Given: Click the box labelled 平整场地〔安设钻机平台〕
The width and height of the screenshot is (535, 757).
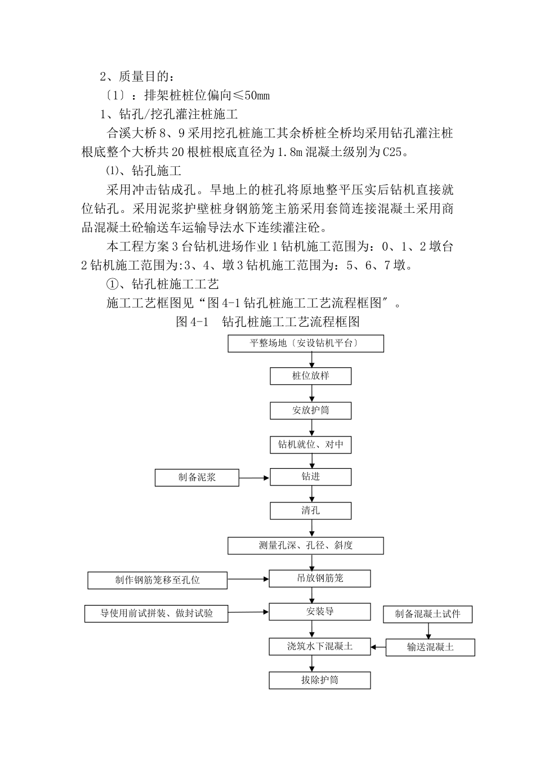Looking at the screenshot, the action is click(306, 344).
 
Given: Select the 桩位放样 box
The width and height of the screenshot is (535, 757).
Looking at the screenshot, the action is click(310, 376).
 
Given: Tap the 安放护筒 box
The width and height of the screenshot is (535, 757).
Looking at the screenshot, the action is click(310, 411).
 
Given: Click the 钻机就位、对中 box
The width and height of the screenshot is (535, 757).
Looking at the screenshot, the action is click(310, 445).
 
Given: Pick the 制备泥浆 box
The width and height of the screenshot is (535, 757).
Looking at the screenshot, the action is click(197, 478).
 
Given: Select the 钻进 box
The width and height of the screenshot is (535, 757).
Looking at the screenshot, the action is click(310, 477).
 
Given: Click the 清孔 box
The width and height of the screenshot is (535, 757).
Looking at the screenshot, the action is click(310, 511).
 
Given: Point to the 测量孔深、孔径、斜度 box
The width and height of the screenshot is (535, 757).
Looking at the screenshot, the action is click(306, 546).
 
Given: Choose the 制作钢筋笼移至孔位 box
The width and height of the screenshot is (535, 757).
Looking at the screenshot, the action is click(157, 580).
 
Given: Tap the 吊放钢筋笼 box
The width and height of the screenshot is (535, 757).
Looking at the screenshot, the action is click(320, 578).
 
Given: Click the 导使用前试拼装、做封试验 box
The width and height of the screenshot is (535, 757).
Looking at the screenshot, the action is click(157, 613).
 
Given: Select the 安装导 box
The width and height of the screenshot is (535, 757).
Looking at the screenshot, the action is click(320, 612).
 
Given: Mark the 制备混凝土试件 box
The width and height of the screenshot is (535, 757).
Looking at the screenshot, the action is click(427, 614).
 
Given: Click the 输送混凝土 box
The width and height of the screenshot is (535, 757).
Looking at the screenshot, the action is click(430, 648).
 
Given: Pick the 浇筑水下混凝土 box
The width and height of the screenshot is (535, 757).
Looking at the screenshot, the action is click(320, 647).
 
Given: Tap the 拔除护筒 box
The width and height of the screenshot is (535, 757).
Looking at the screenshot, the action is click(320, 680).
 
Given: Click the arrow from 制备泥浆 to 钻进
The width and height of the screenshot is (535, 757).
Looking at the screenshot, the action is click(255, 478).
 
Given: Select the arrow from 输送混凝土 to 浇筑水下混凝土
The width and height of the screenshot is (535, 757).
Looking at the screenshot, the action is click(378, 647).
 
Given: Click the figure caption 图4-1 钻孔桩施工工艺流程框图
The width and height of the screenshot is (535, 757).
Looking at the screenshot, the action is click(267, 322).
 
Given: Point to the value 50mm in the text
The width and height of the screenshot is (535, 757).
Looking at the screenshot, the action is click(257, 95).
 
